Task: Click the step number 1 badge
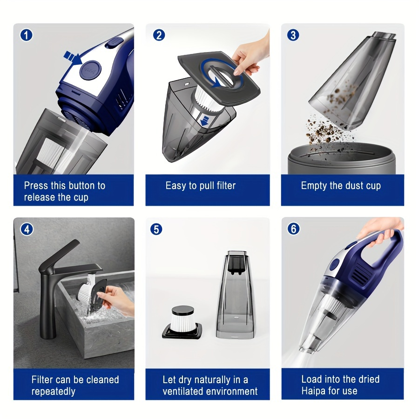click(x=26, y=35)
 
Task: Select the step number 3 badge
click(x=293, y=35)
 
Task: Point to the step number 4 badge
click(x=27, y=229)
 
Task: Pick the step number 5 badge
click(x=157, y=229)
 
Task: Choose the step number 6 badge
click(x=293, y=229)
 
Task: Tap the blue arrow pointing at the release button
click(x=72, y=58)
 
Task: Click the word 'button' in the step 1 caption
click(x=81, y=186)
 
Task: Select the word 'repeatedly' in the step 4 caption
click(x=53, y=392)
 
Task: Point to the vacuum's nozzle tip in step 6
click(x=307, y=349)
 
